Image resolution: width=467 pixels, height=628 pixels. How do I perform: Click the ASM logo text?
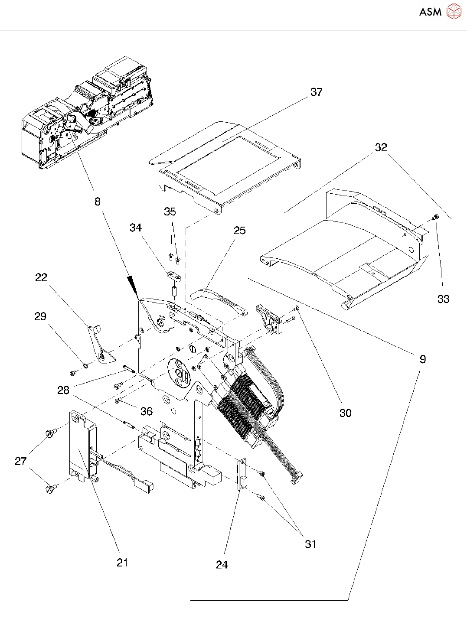430,12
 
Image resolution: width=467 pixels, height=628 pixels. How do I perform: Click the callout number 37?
317,92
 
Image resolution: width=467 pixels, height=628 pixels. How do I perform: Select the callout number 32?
381,147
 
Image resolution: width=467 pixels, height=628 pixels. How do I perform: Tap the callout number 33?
444,299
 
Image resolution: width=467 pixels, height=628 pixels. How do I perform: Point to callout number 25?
240,230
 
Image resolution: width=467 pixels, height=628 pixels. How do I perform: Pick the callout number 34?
136,228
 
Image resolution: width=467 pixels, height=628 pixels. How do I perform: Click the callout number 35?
170,212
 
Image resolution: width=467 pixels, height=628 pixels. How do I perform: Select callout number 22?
41,277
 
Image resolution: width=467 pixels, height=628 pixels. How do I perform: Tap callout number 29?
40,316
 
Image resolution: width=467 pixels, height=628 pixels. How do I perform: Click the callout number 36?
147,411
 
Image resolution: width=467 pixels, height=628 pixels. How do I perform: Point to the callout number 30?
346,413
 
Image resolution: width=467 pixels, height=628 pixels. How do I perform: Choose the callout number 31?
310,544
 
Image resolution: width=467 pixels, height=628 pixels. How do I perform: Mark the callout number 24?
222,565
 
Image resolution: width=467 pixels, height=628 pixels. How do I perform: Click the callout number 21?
122,563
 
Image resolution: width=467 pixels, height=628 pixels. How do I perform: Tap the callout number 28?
63,390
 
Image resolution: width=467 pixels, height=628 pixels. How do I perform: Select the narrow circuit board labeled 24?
242,476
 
